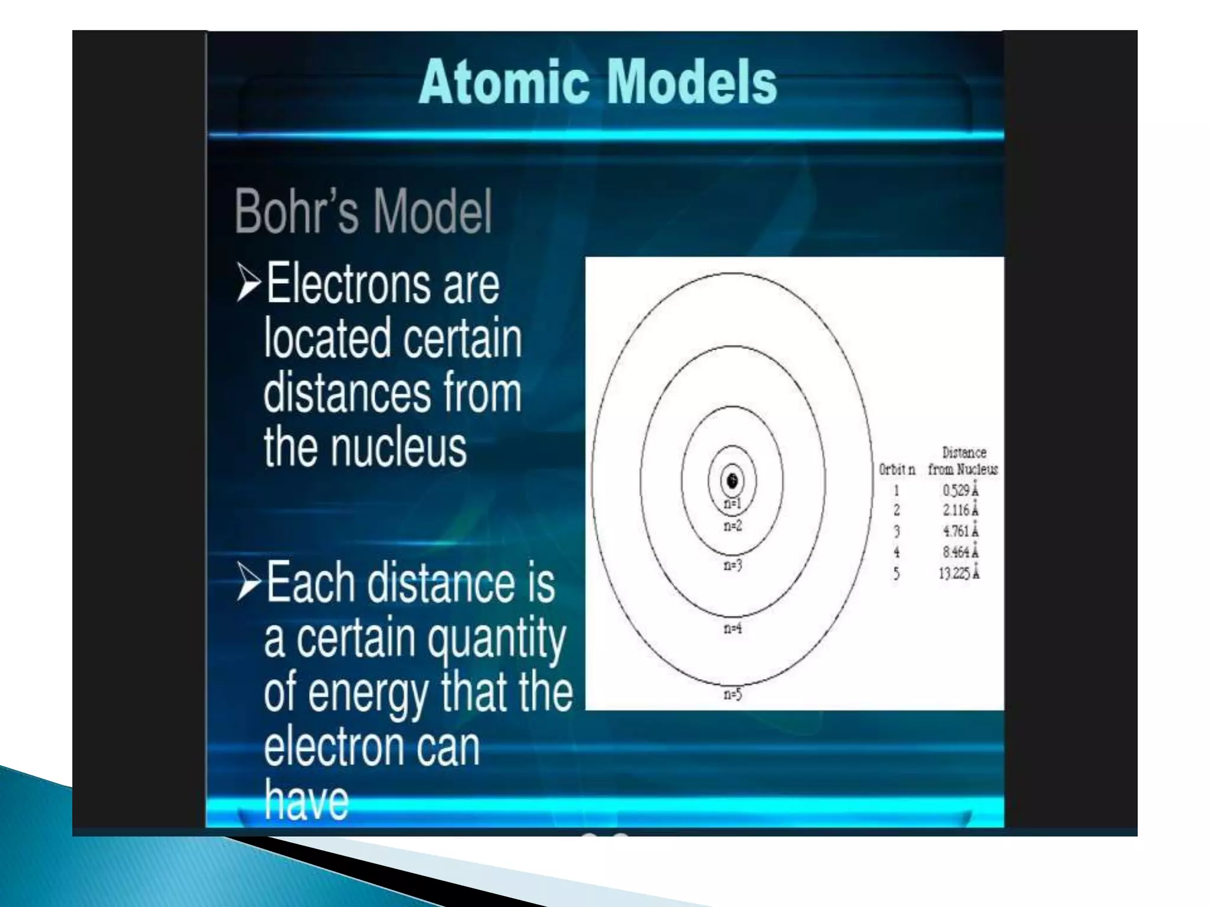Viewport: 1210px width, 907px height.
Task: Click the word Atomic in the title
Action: point(504,83)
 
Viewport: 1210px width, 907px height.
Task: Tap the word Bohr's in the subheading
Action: point(297,211)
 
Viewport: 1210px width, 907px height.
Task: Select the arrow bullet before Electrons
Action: point(248,283)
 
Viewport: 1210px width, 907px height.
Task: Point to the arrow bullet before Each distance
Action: point(248,582)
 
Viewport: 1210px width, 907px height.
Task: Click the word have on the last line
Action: point(306,800)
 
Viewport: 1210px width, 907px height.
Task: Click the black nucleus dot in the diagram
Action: point(733,481)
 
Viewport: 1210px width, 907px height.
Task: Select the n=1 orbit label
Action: point(733,504)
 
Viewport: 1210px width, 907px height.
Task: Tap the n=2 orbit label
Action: point(733,526)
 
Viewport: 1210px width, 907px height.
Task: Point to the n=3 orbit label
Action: point(733,565)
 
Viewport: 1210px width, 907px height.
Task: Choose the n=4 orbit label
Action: point(733,628)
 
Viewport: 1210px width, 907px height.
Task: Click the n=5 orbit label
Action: point(733,694)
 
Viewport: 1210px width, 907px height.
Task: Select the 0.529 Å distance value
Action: point(960,490)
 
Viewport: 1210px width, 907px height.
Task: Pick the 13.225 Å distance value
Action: point(959,573)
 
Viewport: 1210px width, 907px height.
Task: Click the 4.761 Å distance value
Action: point(960,531)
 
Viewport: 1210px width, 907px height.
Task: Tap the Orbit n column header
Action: point(897,469)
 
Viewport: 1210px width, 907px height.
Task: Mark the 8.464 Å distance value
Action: point(960,552)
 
